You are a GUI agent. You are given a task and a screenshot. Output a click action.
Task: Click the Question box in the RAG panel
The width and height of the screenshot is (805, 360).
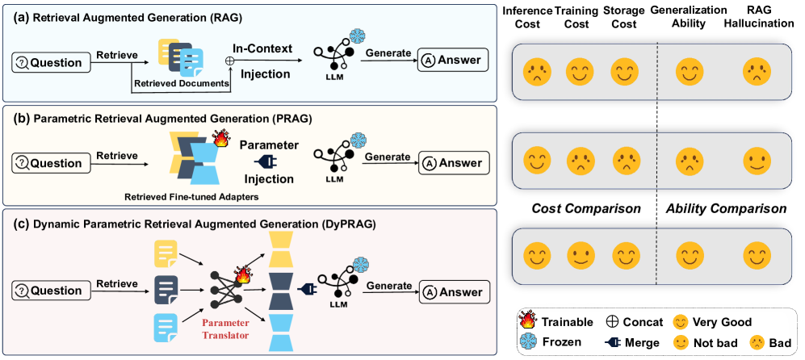point(50,62)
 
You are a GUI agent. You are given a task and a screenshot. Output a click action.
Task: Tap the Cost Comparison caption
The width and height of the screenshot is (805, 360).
point(585,208)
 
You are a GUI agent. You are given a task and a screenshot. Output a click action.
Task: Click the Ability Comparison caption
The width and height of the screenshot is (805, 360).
point(726,208)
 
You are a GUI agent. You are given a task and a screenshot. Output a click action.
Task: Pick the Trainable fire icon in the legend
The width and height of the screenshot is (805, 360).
point(530,322)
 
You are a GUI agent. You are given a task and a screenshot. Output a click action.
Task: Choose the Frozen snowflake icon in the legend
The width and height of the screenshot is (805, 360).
point(530,342)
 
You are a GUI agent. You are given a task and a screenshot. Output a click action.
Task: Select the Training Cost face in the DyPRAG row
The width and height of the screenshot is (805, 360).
point(579,257)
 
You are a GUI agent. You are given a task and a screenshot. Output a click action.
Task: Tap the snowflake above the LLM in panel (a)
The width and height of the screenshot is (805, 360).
point(356,37)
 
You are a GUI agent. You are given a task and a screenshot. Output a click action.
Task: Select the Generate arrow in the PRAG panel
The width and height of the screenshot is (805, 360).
point(387,164)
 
